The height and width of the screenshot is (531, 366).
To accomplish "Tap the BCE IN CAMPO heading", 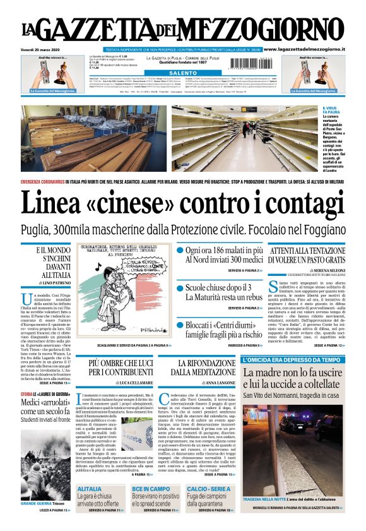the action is tap(150, 489).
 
